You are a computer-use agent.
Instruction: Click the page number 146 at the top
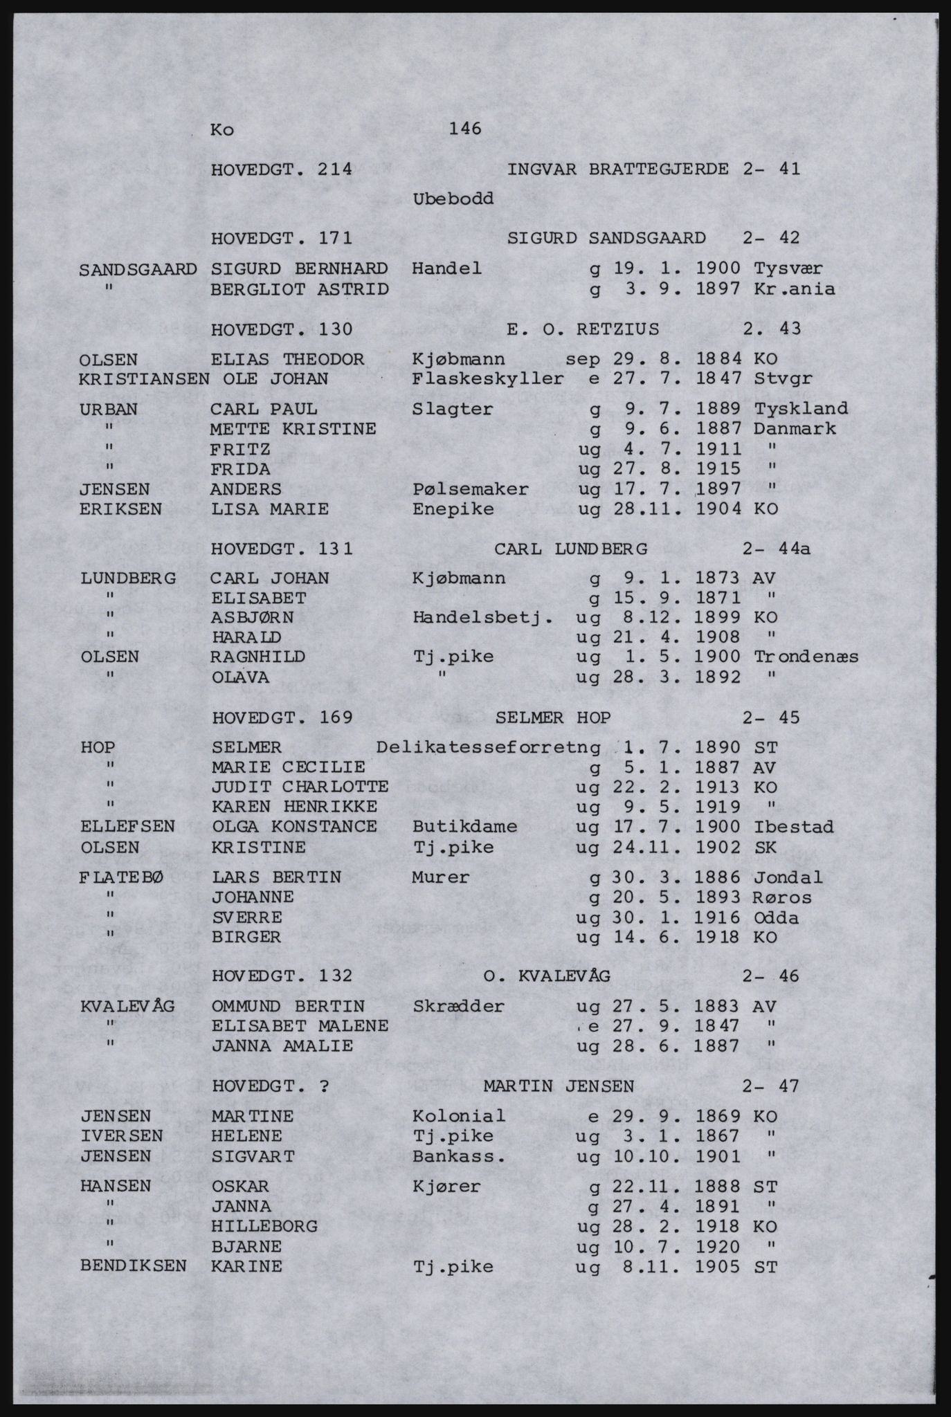click(x=464, y=129)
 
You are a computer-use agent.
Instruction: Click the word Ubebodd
click(x=453, y=199)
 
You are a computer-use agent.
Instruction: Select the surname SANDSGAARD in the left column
click(x=138, y=268)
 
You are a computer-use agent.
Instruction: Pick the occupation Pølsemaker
click(x=471, y=489)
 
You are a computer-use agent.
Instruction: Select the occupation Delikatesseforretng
click(x=488, y=747)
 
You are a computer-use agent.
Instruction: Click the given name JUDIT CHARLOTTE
click(x=300, y=787)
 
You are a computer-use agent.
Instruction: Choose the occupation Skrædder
click(x=458, y=1006)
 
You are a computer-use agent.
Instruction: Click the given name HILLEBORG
click(x=264, y=1226)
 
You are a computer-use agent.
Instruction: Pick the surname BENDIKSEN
click(x=134, y=1266)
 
